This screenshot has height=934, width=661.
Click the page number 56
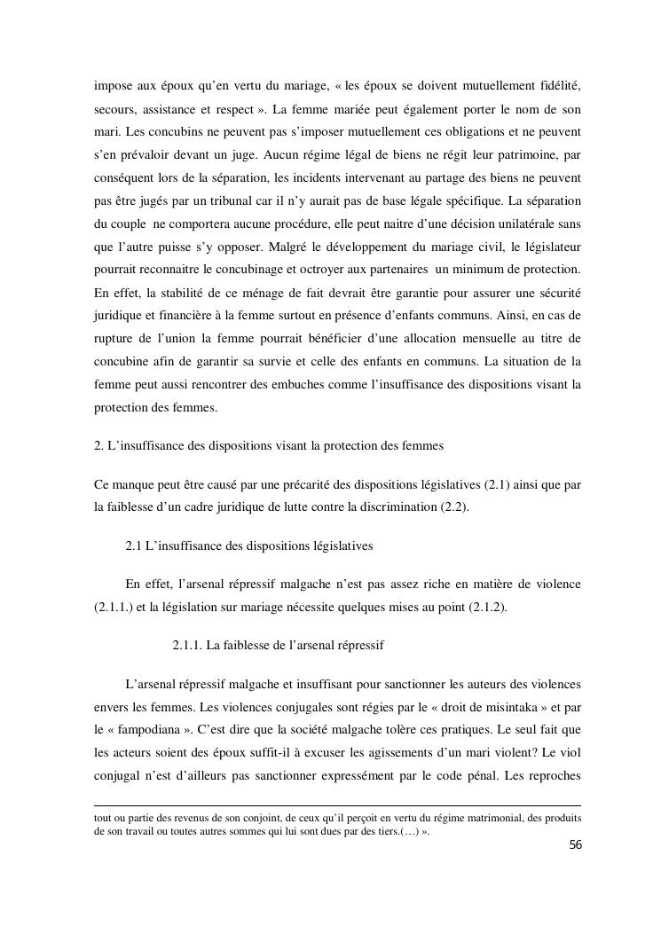[575, 845]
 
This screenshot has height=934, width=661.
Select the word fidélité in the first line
[558, 84]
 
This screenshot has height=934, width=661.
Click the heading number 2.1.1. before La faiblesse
[187, 645]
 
